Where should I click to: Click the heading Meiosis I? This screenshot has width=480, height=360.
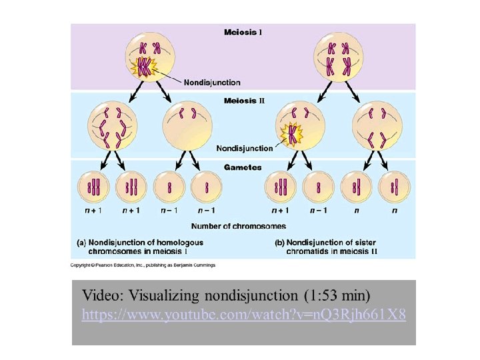[243, 31]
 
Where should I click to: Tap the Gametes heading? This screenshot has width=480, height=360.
[243, 167]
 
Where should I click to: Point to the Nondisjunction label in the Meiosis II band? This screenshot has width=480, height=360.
[245, 148]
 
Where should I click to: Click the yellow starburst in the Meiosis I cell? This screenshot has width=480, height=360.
[145, 66]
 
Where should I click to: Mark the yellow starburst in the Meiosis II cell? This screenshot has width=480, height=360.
[292, 134]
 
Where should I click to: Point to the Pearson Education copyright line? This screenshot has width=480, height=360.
[143, 265]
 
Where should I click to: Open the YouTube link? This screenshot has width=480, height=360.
[243, 314]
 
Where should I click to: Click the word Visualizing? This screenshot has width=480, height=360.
[163, 295]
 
